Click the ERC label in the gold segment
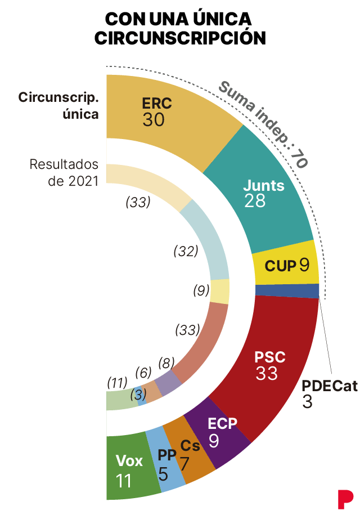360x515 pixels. (156, 104)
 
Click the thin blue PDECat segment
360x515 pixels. (287, 290)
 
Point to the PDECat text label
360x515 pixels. (329, 386)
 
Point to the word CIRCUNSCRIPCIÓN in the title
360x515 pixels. (179, 38)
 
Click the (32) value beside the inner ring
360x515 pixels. (186, 251)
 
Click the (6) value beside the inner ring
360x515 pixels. (143, 372)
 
